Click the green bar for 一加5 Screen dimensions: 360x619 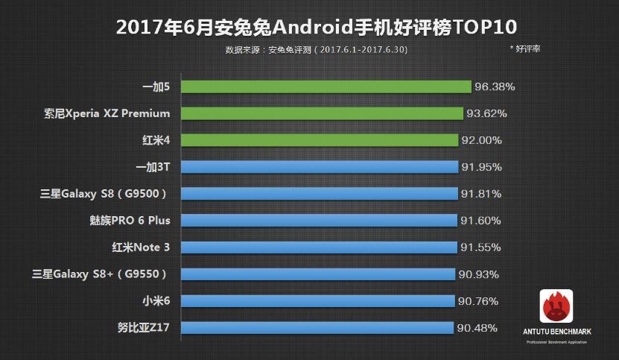pyautogui.click(x=326, y=86)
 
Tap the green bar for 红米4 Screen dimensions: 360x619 pyautogui.click(x=319, y=140)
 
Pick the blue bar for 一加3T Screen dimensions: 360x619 pyautogui.click(x=319, y=167)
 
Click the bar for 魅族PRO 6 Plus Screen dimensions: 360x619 pyautogui.click(x=318, y=221)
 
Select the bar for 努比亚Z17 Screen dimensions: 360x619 pyautogui.click(x=317, y=328)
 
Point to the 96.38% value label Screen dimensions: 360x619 pyautogui.click(x=495, y=86)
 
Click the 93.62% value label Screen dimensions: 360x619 pyautogui.click(x=486, y=113)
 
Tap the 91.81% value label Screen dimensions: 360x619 pyautogui.click(x=480, y=194)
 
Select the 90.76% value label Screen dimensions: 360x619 pyautogui.click(x=477, y=301)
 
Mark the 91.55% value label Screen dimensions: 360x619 pyautogui.click(x=480, y=247)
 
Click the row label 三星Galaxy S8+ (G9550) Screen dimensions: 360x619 pyautogui.click(x=104, y=274)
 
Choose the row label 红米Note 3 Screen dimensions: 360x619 pyautogui.click(x=140, y=247)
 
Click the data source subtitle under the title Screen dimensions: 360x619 pyautogui.click(x=316, y=50)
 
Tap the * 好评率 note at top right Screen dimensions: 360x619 pyautogui.click(x=525, y=48)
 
